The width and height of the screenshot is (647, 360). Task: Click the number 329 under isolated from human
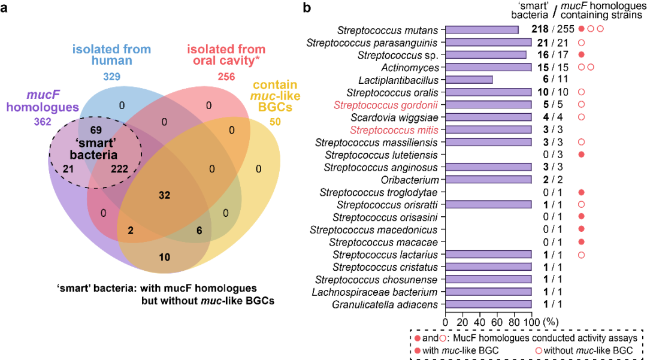(x=112, y=77)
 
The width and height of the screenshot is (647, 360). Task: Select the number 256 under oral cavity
(x=226, y=77)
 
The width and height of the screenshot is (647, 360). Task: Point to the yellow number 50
(x=276, y=122)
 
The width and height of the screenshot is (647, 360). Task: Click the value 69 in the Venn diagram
(x=95, y=130)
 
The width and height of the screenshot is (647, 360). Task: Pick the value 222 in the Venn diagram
(x=120, y=169)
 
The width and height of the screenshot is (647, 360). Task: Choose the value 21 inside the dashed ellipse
(x=68, y=169)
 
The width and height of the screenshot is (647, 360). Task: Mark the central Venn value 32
(x=164, y=195)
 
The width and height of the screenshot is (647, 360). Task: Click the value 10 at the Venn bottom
(x=164, y=257)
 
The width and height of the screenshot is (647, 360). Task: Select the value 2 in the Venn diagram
(x=131, y=231)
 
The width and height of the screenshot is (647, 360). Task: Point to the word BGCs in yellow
(x=276, y=108)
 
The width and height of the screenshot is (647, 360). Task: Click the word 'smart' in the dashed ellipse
(x=95, y=144)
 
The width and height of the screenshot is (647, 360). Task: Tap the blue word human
(x=112, y=60)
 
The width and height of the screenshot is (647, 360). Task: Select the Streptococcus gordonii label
(x=385, y=105)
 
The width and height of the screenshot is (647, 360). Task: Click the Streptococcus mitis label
(x=394, y=130)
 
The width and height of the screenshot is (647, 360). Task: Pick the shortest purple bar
(x=469, y=80)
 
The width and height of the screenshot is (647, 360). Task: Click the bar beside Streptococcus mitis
(x=488, y=130)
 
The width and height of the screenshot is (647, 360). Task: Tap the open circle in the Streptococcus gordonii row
(x=581, y=105)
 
